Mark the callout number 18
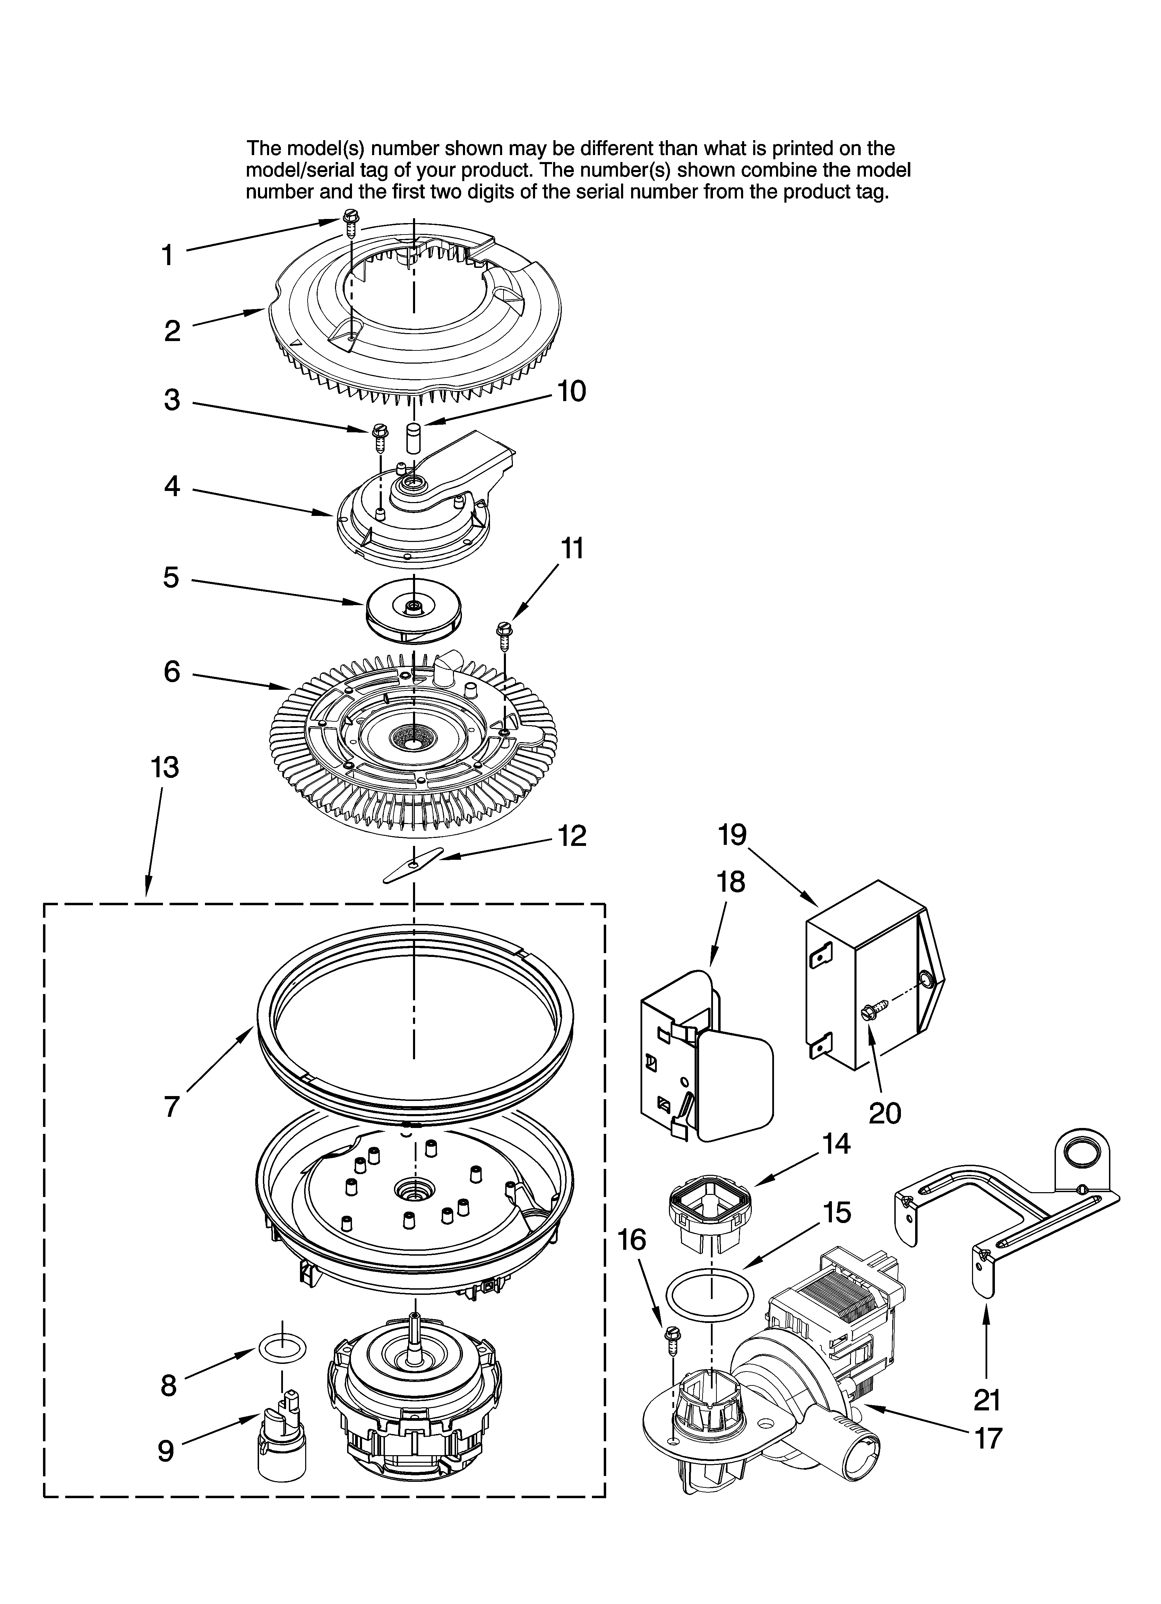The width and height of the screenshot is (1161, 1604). pyautogui.click(x=730, y=882)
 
